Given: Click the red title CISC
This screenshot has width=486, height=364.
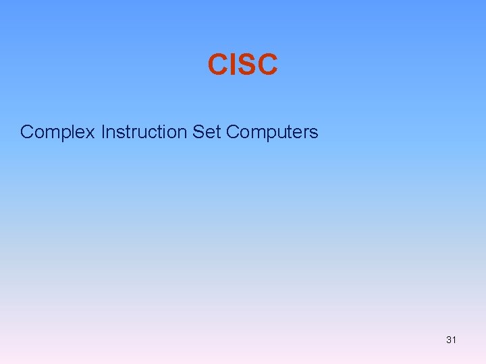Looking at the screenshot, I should pos(242,65).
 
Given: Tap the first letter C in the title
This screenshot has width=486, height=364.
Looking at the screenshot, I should pos(217,65).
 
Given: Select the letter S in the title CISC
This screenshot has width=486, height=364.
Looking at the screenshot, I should pos(246,65).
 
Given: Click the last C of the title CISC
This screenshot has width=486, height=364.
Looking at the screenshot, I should pos(267,65).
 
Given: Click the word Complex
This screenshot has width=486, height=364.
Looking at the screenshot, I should pos(58,132).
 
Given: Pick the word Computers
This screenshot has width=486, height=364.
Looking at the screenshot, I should pos(272,132).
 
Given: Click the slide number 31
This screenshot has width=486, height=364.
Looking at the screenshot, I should pos(451,340).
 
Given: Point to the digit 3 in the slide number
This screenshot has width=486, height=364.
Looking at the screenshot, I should pos(448,340).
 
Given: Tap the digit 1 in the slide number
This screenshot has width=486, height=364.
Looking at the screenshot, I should pos(454,340).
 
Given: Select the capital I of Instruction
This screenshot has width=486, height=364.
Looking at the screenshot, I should pos(103,131).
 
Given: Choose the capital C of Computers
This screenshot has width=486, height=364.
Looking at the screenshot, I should pos(233,131).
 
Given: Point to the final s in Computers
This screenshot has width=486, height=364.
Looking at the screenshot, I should pos(314,133).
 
